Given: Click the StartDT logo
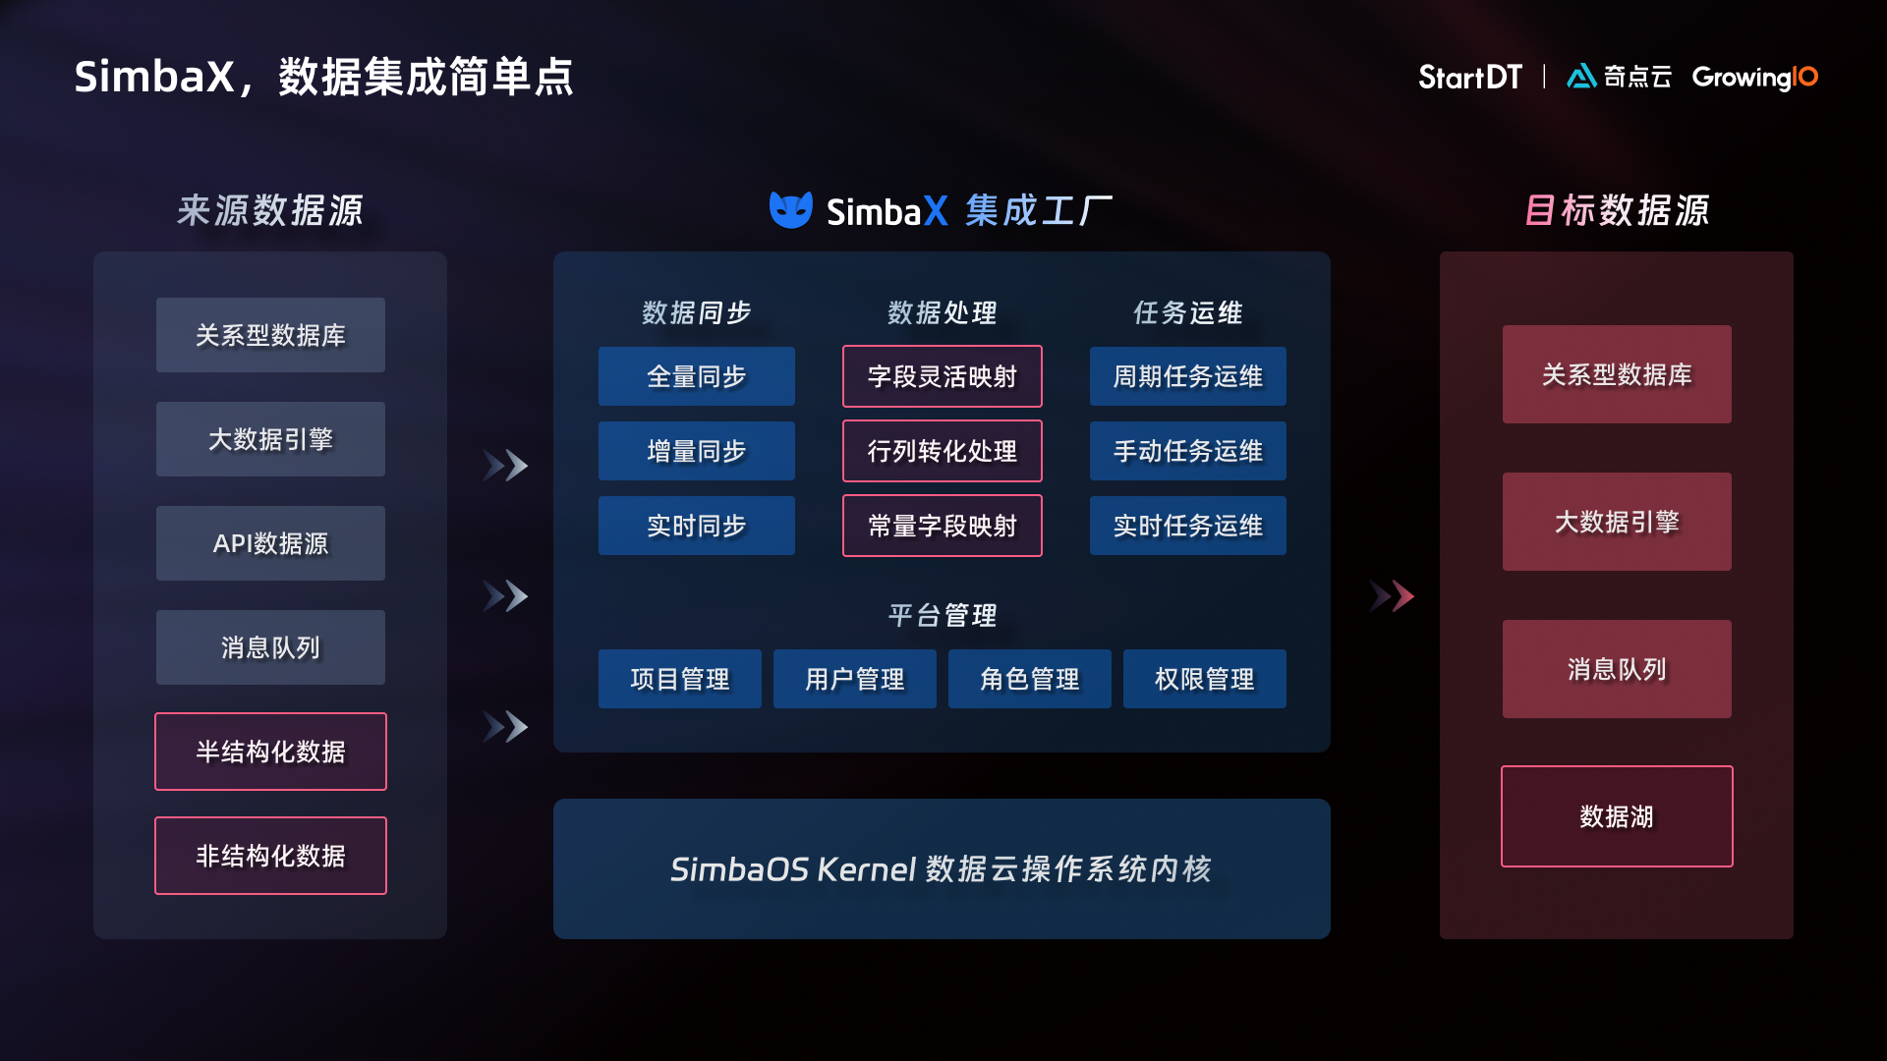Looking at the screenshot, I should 1469,77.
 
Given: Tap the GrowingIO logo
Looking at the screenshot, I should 1754,77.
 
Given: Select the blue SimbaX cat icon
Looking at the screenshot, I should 790,209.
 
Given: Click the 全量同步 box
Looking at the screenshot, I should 696,376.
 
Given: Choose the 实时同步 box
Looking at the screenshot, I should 696,526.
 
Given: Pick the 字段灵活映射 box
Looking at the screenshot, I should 942,376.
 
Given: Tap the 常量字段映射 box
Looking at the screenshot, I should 942,526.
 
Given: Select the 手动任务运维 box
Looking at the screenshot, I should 1187,451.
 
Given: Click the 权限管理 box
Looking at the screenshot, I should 1204,679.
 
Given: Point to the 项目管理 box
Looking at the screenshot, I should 679,679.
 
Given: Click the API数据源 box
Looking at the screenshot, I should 270,543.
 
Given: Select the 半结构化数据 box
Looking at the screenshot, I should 270,752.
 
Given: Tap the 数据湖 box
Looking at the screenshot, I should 1616,816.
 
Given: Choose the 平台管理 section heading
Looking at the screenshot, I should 942,615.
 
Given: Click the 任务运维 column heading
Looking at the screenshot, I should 1187,312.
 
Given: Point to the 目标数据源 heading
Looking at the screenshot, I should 1616,210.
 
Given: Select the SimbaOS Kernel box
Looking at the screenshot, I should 942,868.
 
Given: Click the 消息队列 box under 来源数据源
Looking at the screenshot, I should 270,647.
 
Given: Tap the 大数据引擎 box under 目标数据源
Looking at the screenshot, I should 1616,522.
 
